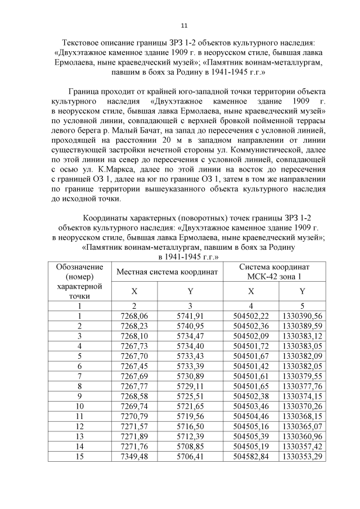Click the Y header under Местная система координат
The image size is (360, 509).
click(190, 291)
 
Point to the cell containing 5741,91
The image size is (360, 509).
click(190, 316)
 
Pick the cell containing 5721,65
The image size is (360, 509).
click(190, 406)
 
